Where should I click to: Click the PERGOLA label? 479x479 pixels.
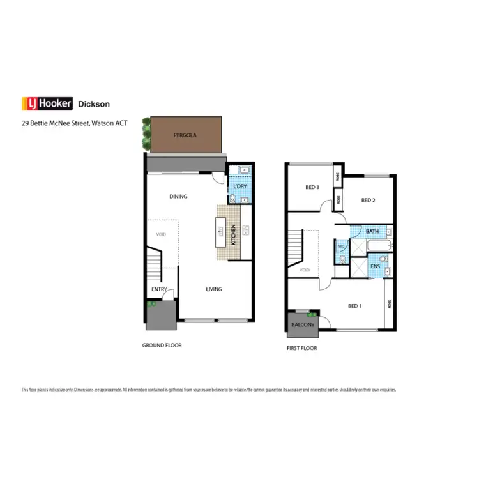(x=185, y=136)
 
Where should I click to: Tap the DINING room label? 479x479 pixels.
(x=178, y=197)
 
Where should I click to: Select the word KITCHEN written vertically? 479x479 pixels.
(x=234, y=236)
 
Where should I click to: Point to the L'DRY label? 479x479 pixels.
(x=240, y=186)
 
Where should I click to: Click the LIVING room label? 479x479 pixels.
(x=214, y=289)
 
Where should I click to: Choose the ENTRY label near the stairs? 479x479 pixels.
(x=159, y=289)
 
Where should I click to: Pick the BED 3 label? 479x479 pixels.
(x=312, y=187)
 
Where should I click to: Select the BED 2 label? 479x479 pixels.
(x=368, y=200)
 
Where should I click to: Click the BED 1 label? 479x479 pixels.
(x=354, y=306)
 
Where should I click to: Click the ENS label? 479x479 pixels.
(x=375, y=266)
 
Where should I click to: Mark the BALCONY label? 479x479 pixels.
(x=303, y=324)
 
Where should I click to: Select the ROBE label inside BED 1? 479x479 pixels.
(x=389, y=305)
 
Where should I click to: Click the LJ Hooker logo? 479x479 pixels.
(x=47, y=103)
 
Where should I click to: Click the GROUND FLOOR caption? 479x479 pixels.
(x=162, y=345)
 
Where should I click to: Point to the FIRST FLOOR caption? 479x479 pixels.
(x=301, y=348)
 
